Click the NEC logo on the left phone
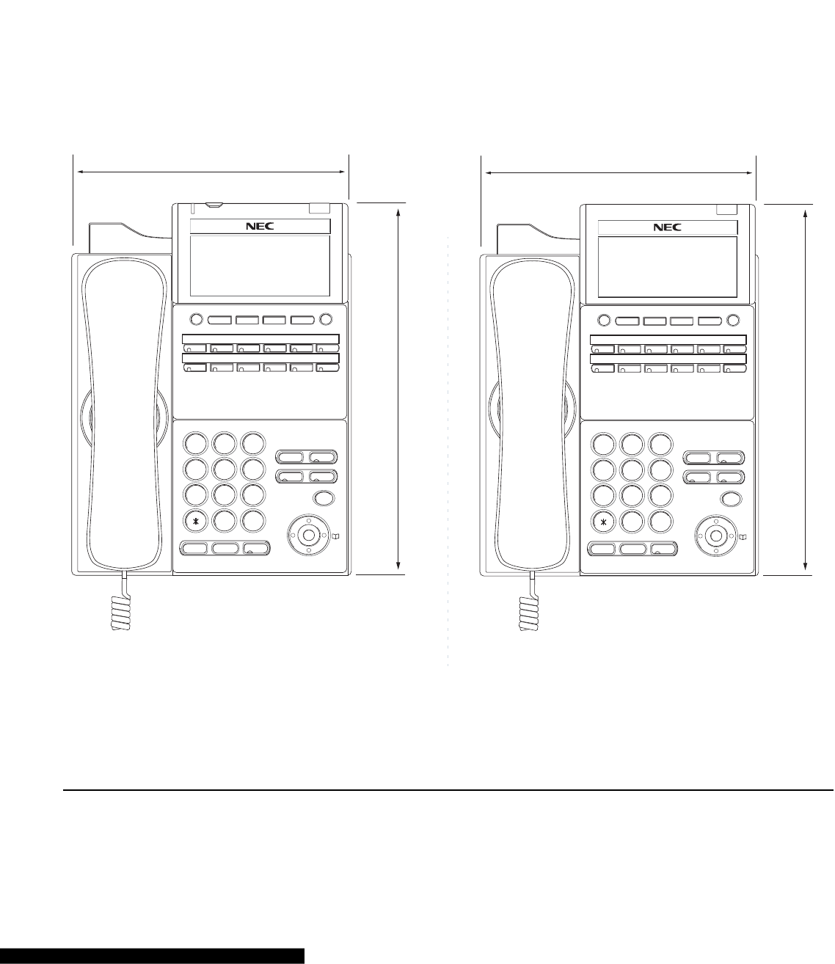(259, 227)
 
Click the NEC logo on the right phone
(667, 227)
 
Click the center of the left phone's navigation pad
(307, 534)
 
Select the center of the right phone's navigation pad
(715, 534)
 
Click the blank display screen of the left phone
(259, 266)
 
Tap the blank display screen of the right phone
(667, 267)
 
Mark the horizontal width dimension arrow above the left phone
(211, 172)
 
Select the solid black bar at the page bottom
(152, 955)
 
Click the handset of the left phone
(123, 411)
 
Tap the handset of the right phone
(530, 411)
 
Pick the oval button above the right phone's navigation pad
(730, 499)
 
